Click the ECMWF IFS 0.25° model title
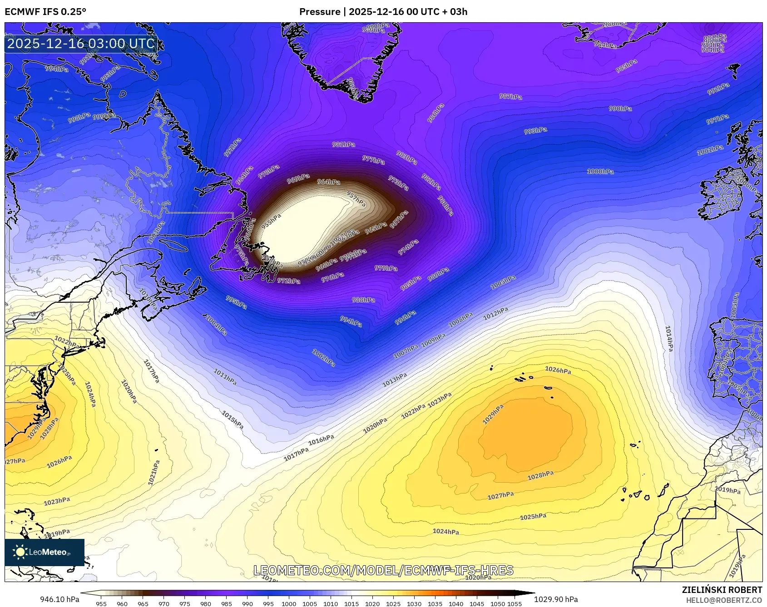click(x=45, y=12)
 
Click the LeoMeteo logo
click(x=44, y=552)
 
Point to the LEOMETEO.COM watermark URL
click(x=383, y=570)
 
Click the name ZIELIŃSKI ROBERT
click(x=722, y=590)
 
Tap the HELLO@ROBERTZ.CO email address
click(x=724, y=600)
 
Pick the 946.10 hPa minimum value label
click(x=59, y=599)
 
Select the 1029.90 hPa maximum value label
click(x=556, y=599)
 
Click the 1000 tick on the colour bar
click(x=289, y=604)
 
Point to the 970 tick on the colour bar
click(x=164, y=604)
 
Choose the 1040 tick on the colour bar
click(x=456, y=604)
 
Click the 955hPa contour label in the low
click(x=271, y=221)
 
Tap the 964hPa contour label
click(x=328, y=182)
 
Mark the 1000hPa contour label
click(x=600, y=172)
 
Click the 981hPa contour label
click(x=343, y=144)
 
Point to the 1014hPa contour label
click(x=669, y=338)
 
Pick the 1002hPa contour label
click(x=323, y=358)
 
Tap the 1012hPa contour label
click(x=495, y=314)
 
